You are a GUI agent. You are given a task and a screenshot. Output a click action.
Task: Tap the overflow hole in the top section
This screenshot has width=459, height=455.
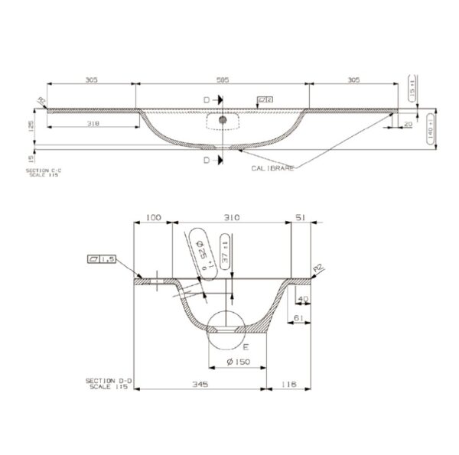[x=222, y=120]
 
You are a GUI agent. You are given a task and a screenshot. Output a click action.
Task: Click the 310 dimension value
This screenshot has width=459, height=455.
[x=231, y=218]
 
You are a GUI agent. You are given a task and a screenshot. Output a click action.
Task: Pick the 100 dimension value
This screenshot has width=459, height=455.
[x=153, y=218]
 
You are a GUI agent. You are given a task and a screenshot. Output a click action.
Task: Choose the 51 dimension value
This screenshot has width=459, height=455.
[x=300, y=218]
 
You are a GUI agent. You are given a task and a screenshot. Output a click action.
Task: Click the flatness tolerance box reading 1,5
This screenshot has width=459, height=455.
[x=101, y=260]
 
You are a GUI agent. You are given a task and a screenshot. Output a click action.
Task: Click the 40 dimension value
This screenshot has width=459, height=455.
[x=302, y=299]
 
